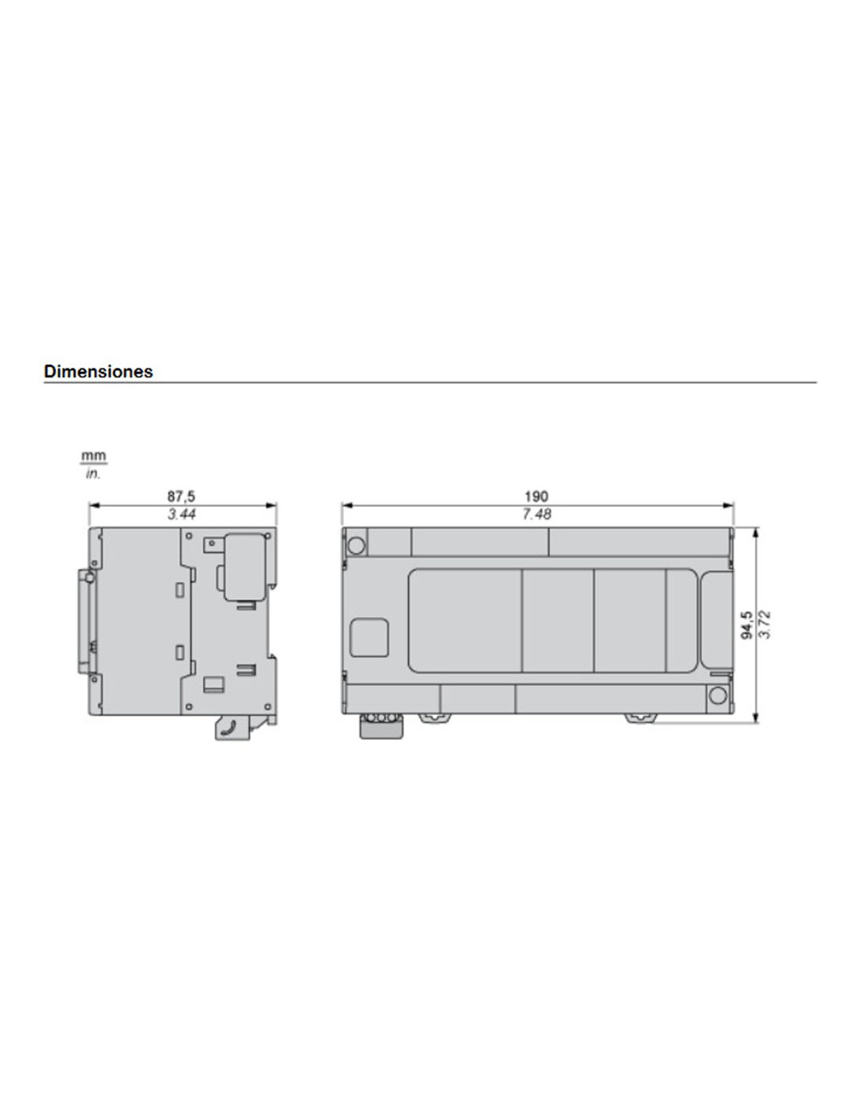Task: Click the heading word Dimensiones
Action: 98,371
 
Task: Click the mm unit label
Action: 94,455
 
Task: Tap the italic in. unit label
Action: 94,474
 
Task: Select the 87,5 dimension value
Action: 181,495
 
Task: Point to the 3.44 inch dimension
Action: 182,513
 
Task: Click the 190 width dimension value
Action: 537,495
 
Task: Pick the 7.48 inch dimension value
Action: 537,513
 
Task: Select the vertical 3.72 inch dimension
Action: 764,624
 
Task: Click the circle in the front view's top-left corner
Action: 356,545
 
